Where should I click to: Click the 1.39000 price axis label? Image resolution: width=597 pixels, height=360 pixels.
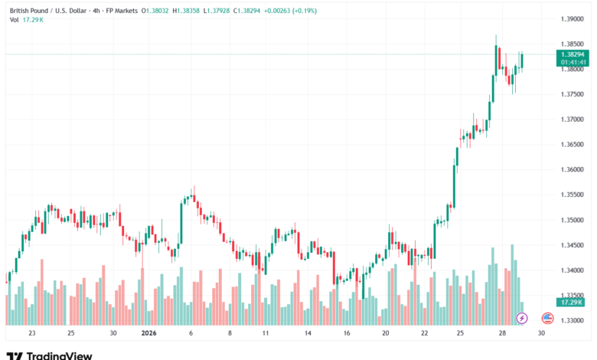[572, 18]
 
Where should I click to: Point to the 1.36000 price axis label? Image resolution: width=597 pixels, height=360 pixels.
[572, 170]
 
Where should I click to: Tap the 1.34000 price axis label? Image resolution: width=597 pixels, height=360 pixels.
[572, 270]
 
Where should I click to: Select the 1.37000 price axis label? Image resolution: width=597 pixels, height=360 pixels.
[572, 119]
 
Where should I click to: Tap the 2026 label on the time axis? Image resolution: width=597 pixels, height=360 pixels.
[151, 333]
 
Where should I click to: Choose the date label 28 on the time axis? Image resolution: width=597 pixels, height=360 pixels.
[501, 333]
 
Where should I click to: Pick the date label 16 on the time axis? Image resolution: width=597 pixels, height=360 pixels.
[346, 333]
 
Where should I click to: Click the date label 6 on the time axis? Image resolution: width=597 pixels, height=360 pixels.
[191, 333]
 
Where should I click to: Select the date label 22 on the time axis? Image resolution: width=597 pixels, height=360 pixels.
[425, 333]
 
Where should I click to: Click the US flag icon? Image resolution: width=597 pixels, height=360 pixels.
[547, 317]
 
